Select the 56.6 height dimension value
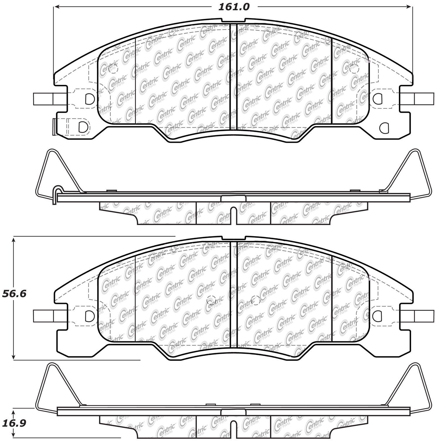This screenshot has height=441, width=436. coord(14,293)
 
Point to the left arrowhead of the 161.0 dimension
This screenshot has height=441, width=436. coord(57,6)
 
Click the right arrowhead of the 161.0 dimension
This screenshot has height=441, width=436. coord(409,6)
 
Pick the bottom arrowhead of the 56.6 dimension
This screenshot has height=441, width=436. coord(13,356)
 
